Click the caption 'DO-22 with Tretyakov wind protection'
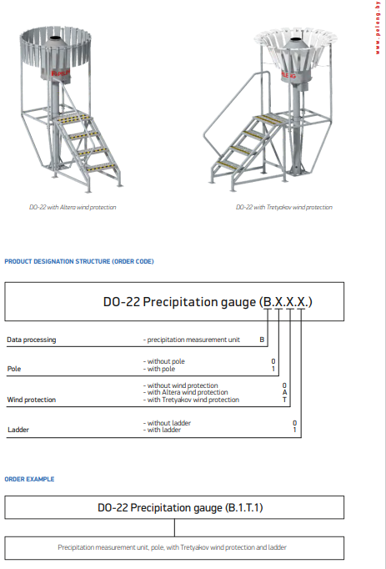[283, 207]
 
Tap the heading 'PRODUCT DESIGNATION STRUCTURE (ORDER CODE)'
[79, 261]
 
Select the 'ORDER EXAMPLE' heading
[29, 479]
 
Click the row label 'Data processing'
[32, 340]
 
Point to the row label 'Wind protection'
[31, 400]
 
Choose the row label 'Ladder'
[18, 430]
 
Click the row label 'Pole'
[14, 368]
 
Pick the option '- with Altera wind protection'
[185, 392]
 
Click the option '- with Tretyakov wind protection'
[191, 400]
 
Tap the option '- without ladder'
[167, 423]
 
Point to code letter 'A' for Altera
[284, 392]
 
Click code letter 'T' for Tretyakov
[284, 400]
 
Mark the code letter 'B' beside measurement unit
[262, 340]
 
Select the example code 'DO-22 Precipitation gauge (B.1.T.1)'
[174, 507]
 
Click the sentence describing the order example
[174, 547]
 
